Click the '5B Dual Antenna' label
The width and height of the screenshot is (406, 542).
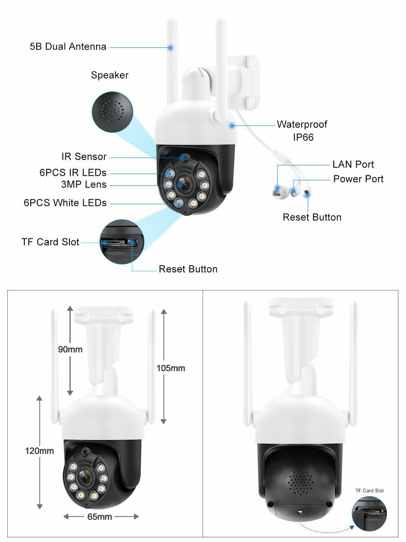68,47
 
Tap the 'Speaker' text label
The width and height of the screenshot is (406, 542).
110,75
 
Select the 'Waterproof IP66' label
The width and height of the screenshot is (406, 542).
302,130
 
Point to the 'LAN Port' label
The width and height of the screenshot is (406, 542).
353,164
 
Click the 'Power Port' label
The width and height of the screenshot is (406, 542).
358,179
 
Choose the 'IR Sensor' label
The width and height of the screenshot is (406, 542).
84,157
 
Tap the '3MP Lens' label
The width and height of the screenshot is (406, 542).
84,184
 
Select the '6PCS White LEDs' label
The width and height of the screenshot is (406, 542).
65,203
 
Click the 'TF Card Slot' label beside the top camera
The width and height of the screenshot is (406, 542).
50,242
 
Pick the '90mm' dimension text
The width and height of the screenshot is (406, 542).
70,349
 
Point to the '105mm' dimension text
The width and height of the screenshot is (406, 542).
171,368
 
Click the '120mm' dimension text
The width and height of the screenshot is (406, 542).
39,451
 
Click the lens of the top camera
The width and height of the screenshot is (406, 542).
183,185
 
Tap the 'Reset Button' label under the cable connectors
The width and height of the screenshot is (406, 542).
312,217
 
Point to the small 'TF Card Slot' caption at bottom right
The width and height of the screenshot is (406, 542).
369,491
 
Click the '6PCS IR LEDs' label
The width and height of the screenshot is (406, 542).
73,173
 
